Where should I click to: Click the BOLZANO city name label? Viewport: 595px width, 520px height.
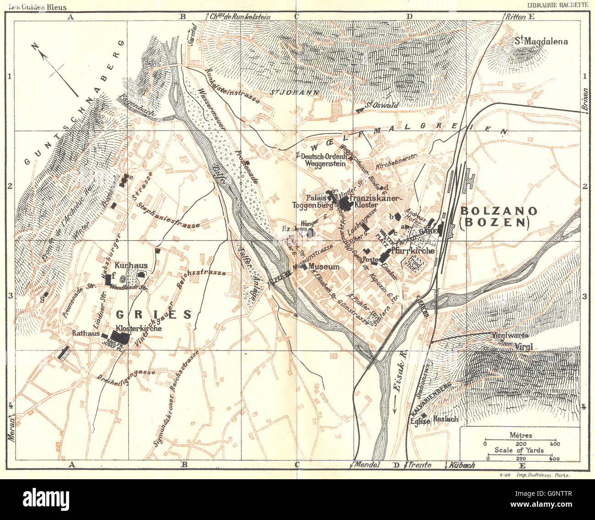(499, 211)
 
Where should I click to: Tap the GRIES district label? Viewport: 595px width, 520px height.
(154, 314)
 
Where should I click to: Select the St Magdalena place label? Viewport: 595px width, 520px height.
(541, 41)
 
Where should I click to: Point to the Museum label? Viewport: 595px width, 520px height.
(324, 267)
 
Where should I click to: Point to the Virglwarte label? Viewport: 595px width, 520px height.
(509, 335)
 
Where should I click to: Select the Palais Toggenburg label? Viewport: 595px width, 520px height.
(312, 202)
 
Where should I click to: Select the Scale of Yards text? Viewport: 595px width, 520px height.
(519, 450)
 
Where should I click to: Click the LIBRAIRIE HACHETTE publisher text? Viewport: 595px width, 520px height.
(557, 5)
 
